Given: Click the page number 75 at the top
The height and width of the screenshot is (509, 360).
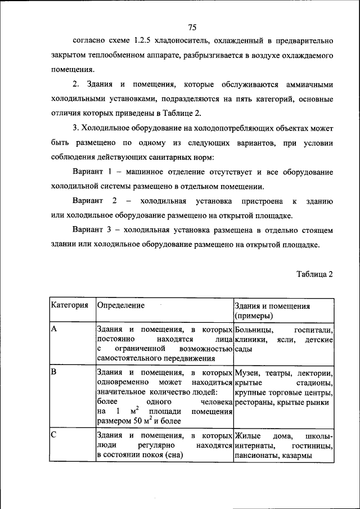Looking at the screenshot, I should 192,27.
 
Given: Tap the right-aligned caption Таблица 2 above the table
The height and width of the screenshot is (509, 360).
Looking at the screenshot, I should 315,274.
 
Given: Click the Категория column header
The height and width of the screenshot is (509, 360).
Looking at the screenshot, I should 70,305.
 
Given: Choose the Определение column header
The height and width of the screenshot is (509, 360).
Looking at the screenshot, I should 121,305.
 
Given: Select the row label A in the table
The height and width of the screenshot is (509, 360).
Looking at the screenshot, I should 54,330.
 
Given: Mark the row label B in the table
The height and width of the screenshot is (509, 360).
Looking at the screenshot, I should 54,372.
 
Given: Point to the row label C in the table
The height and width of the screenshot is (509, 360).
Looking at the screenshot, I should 54,435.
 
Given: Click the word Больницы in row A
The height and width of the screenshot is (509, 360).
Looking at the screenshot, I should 254,330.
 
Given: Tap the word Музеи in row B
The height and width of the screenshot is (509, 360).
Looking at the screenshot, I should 249,373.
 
